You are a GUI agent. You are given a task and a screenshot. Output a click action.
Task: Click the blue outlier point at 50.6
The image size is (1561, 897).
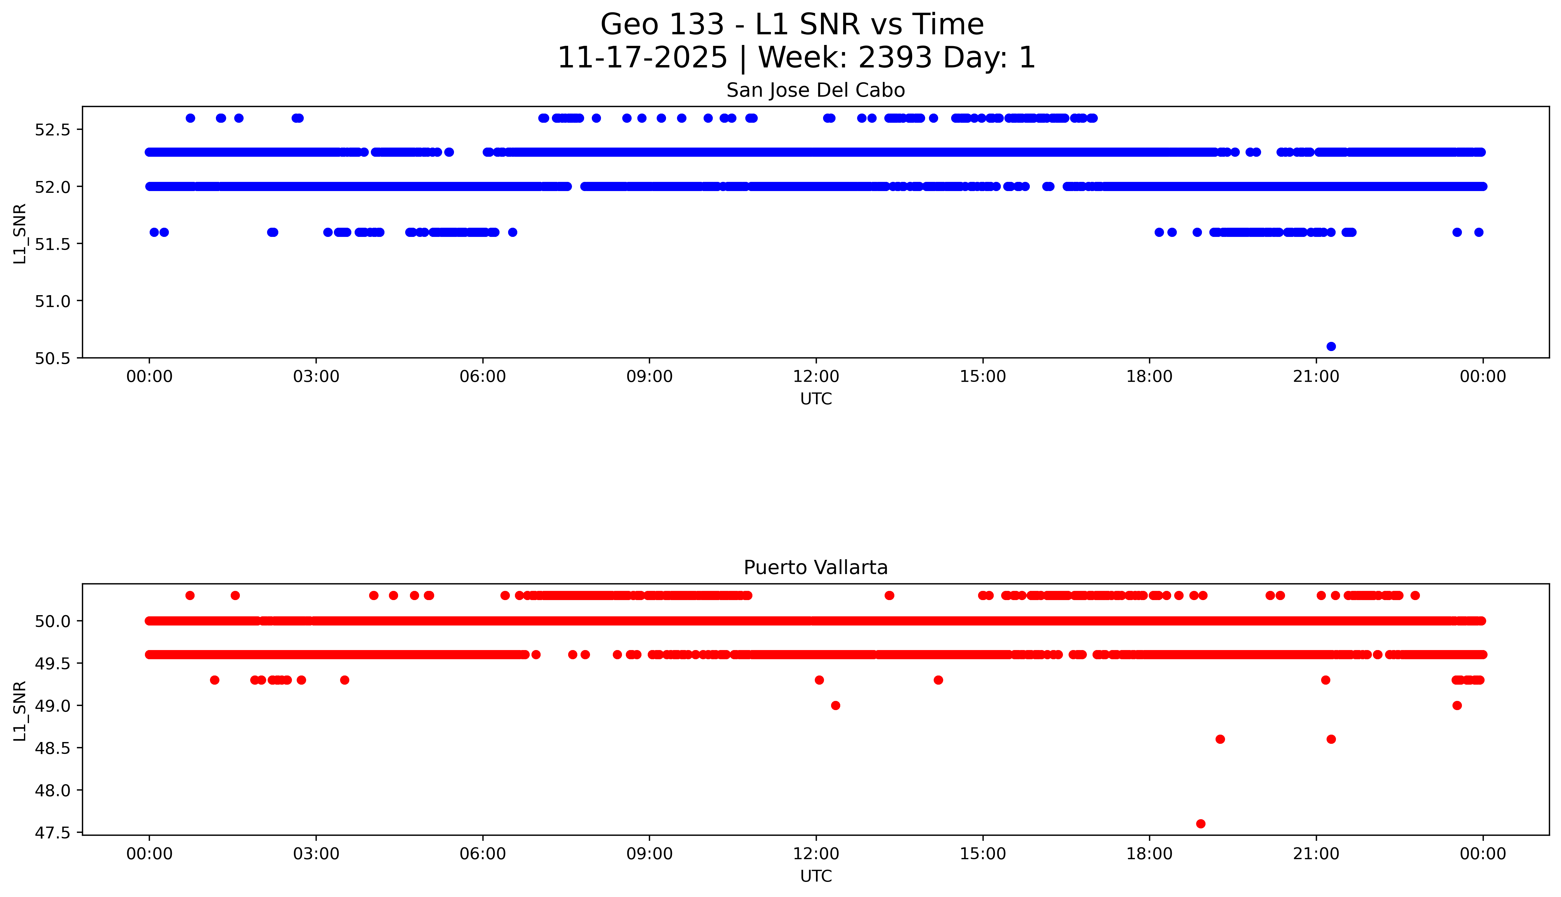(1331, 346)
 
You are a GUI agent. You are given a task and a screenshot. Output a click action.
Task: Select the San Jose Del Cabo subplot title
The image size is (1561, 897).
(816, 90)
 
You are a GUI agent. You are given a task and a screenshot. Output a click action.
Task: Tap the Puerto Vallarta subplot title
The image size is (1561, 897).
(816, 568)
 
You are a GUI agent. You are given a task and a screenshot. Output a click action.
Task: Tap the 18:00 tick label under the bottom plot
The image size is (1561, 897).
(1150, 854)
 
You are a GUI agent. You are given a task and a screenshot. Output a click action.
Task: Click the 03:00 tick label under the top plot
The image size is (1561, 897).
(316, 376)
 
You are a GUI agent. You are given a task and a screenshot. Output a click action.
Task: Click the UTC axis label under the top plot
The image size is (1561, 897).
(816, 399)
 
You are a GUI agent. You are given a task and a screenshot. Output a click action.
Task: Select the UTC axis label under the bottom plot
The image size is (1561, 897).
(816, 876)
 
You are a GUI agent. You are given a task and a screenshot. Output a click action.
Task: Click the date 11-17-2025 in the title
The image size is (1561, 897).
(642, 58)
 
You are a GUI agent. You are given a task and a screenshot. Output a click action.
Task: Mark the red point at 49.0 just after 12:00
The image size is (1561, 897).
(835, 705)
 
